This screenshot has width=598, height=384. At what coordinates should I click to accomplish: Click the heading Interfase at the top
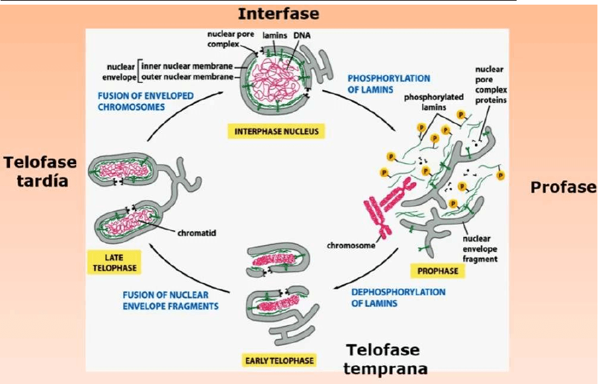tap(278, 14)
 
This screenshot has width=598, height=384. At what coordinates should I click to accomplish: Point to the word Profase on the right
tap(564, 187)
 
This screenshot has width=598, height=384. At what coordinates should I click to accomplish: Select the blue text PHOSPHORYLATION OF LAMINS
tap(388, 83)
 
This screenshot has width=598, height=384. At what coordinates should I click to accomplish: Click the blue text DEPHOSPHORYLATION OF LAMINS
tap(398, 297)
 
